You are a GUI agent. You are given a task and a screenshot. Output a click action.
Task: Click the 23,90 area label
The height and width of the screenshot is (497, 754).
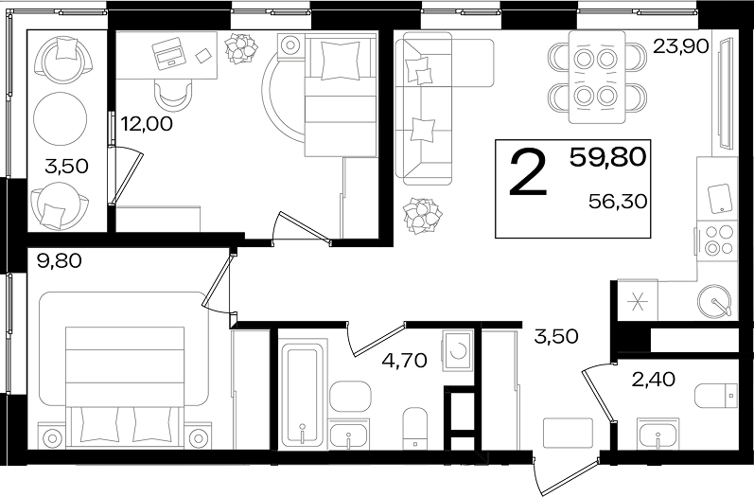click(680, 46)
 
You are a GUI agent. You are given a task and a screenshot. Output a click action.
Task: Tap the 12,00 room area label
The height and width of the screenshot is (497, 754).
click(147, 124)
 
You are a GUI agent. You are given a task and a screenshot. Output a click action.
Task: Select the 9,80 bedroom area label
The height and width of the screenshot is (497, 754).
click(60, 261)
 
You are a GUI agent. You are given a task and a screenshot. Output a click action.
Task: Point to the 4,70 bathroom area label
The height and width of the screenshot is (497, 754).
click(404, 360)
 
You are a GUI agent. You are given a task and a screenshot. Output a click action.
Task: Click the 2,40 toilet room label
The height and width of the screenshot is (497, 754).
click(653, 381)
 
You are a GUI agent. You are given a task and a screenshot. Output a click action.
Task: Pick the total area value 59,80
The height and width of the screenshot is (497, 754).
click(607, 157)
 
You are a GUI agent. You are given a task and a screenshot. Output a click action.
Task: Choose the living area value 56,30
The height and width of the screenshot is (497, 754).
click(618, 202)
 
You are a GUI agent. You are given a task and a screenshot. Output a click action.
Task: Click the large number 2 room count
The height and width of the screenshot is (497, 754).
click(529, 172)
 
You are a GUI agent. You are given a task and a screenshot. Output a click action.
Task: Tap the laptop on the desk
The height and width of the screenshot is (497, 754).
click(167, 51)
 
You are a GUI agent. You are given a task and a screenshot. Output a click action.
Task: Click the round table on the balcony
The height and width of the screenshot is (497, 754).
click(61, 119)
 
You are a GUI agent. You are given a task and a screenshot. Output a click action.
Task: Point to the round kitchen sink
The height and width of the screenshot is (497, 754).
click(715, 301)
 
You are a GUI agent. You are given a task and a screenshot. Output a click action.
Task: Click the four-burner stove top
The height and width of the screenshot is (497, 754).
click(717, 241)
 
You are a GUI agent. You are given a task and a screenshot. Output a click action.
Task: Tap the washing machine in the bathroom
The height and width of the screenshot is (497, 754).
click(458, 350)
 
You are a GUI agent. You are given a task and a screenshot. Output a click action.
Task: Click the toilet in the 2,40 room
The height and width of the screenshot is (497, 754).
click(716, 396)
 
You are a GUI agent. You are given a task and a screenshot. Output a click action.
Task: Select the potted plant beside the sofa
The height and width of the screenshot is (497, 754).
click(423, 215)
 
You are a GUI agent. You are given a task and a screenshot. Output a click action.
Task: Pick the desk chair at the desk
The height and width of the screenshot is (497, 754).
click(173, 96)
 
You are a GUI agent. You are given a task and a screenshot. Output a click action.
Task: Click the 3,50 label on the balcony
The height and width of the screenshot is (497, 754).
click(66, 167)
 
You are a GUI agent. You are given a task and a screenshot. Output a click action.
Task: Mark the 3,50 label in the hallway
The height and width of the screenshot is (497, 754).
click(556, 336)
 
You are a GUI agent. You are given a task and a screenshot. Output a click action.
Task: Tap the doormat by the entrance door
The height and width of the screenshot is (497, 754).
click(568, 433)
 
